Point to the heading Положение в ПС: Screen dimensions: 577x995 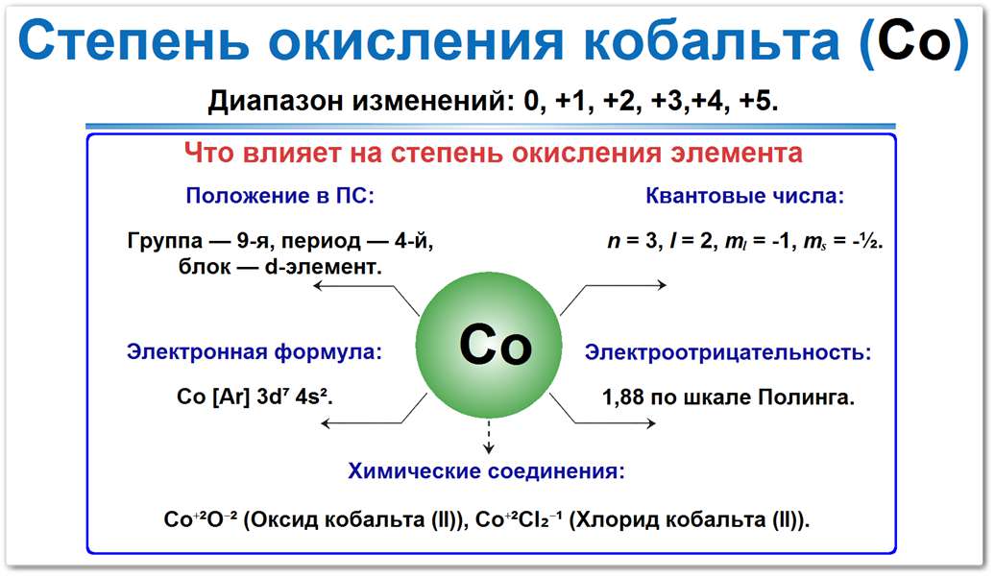click(x=279, y=197)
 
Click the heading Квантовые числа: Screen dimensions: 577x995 click(x=744, y=197)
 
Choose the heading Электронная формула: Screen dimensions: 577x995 click(x=254, y=351)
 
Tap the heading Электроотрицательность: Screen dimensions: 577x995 click(x=728, y=351)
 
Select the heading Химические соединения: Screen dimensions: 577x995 click(x=487, y=471)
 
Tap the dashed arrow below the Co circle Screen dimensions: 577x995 click(x=489, y=437)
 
